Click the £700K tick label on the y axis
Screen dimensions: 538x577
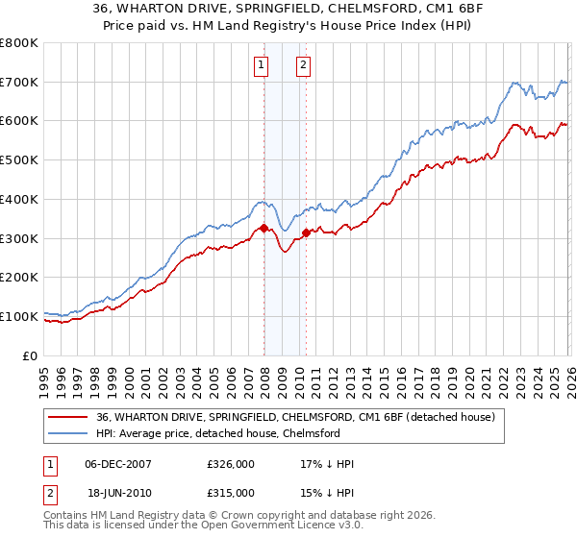18,82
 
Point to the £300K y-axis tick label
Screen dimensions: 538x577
18,238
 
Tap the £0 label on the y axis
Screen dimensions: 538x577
29,355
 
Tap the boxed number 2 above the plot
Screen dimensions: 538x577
303,65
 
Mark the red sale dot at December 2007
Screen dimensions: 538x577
263,229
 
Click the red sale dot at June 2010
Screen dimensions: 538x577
306,232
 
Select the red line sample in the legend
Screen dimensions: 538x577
68,417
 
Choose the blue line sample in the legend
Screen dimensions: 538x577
68,433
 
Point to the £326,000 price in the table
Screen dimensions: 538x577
230,464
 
